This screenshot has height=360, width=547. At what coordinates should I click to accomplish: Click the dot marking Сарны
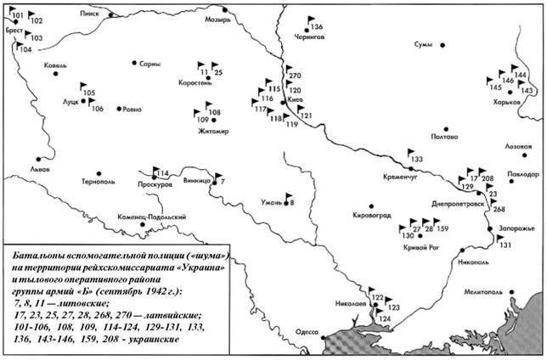pyautogui.click(x=134, y=62)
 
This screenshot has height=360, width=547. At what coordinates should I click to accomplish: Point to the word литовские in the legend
pyautogui.click(x=83, y=301)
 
